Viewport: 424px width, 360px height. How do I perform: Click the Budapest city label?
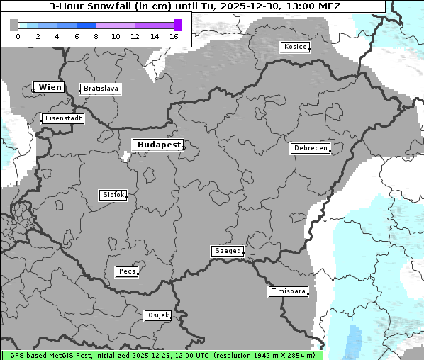coord(158,145)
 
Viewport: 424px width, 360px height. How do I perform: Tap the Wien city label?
coord(50,87)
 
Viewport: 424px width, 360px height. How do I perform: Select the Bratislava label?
coord(100,89)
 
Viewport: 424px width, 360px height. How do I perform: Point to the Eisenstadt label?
coord(62,118)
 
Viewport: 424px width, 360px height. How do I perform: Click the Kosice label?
coord(294,47)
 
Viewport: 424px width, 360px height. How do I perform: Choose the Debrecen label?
coord(310,148)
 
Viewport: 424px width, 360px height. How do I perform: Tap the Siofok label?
coord(113,194)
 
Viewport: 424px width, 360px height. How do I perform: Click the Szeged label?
coord(228,251)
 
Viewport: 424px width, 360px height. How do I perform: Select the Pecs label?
coord(127,271)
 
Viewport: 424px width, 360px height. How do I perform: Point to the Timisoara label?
coord(289,291)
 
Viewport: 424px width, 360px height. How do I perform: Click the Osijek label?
coord(157,315)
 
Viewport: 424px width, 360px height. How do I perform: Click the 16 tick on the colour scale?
coord(174,36)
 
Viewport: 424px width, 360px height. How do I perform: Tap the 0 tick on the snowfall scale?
coord(18,36)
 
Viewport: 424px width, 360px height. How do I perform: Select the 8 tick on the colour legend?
coord(96,36)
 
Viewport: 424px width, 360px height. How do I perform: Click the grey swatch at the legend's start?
coord(13,25)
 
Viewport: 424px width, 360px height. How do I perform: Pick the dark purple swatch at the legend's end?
coord(177,25)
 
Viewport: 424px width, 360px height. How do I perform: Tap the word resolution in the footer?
coord(237,355)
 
